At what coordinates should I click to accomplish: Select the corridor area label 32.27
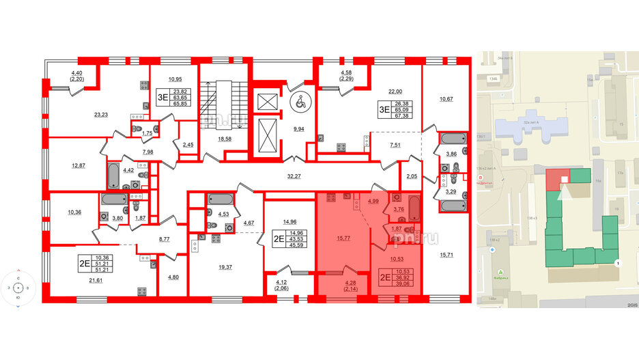click(294, 176)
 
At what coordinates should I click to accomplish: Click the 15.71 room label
click(446, 254)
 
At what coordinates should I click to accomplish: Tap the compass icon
click(18, 288)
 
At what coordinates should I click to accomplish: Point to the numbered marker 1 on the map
click(618, 263)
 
